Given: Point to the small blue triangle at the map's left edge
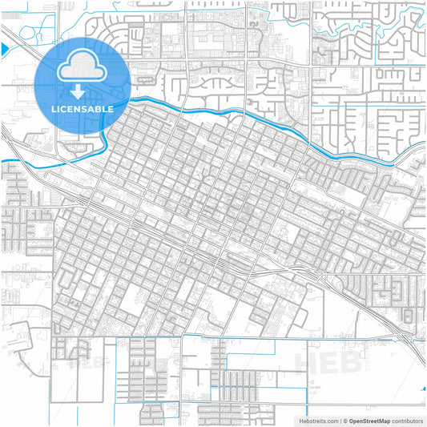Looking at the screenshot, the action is click(x=3, y=50).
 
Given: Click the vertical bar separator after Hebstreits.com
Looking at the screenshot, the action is click(x=339, y=420).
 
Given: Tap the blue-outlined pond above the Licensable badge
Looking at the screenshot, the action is click(x=36, y=32).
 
